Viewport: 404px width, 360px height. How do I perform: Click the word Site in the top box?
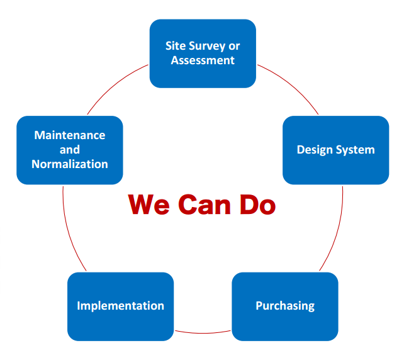pyautogui.click(x=176, y=46)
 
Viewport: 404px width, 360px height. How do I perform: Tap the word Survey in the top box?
pyautogui.click(x=207, y=47)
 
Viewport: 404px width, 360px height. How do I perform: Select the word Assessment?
pyautogui.click(x=203, y=60)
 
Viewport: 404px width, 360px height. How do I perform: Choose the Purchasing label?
pyautogui.click(x=285, y=306)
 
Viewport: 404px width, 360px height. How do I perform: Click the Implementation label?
pyautogui.click(x=121, y=306)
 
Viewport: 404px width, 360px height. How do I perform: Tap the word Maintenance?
pyautogui.click(x=70, y=135)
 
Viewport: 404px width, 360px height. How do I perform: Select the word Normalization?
pyautogui.click(x=70, y=164)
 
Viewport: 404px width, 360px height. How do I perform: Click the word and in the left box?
pyautogui.click(x=70, y=150)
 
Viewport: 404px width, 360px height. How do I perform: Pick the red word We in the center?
pyautogui.click(x=149, y=205)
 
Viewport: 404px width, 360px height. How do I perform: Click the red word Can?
pyautogui.click(x=205, y=205)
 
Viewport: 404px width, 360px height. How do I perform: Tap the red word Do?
pyautogui.click(x=257, y=205)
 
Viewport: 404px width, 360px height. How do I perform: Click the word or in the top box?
pyautogui.click(x=234, y=47)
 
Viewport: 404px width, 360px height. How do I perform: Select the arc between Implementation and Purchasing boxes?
pyautogui.click(x=203, y=333)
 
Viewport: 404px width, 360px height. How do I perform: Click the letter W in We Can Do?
pyautogui.click(x=141, y=205)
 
